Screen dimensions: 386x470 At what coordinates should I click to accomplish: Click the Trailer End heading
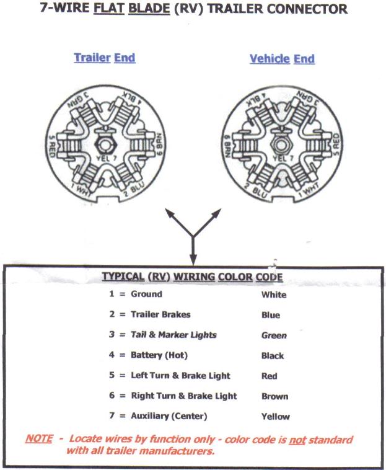(104, 58)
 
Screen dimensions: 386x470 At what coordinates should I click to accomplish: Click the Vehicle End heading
(282, 59)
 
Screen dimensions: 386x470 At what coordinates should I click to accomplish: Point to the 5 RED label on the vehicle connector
(335, 144)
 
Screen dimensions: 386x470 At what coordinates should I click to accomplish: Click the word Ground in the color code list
(146, 294)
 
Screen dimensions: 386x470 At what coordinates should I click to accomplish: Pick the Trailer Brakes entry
(160, 314)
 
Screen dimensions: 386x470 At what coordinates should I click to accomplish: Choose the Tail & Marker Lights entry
(173, 335)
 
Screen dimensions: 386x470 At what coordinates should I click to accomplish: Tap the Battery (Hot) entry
(159, 355)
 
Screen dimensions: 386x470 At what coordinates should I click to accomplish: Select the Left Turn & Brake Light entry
(180, 376)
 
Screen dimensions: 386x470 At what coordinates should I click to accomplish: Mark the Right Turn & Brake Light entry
(183, 396)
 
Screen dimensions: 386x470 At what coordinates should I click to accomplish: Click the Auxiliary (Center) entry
(169, 416)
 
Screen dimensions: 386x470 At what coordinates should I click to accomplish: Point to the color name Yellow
(275, 417)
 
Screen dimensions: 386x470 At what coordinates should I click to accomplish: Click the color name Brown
(274, 396)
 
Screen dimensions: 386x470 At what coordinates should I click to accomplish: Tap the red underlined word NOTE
(39, 438)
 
